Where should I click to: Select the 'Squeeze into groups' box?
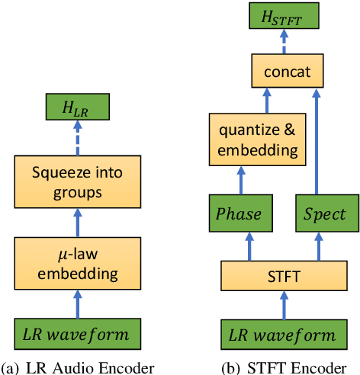coord(76,183)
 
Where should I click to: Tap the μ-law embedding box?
coord(76,261)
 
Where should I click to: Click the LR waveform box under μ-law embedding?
coord(76,334)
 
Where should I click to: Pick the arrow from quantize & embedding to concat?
coord(266,102)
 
